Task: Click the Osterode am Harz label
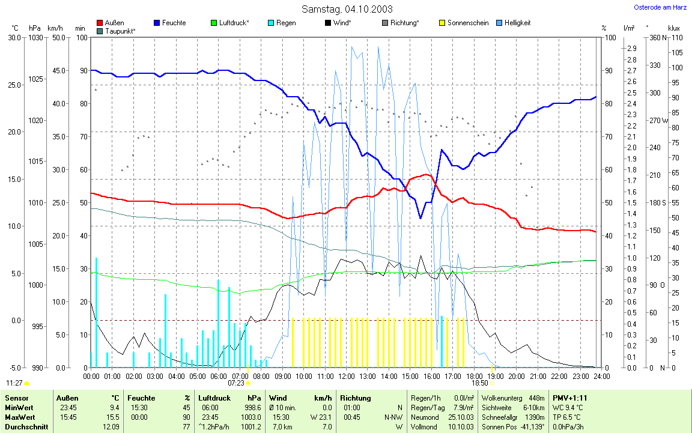point(660,7)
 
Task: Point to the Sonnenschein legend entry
point(463,23)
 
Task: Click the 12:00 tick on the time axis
point(346,376)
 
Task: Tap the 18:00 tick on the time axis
point(473,376)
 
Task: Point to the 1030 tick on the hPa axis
point(35,37)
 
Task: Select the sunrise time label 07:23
point(236,383)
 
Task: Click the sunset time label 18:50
point(479,383)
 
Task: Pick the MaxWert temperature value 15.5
point(113,417)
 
